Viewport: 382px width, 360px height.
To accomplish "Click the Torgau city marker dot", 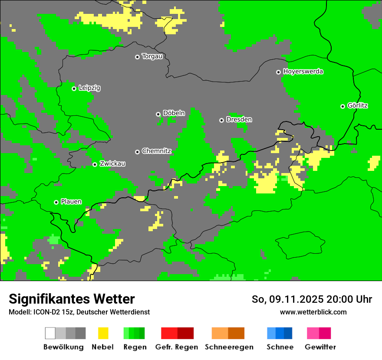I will tap(137, 57).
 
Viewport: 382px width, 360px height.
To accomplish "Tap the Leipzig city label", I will tap(89, 88).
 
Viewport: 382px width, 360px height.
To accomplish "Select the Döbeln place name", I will tap(174, 113).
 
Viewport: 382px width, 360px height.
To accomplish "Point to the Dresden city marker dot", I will tap(221, 120).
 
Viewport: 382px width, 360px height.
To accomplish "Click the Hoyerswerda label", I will tap(303, 72).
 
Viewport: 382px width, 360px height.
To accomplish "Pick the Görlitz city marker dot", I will tap(342, 106).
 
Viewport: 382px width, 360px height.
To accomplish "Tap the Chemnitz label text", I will tap(156, 151).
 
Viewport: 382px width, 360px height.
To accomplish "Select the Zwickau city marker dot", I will tap(95, 164).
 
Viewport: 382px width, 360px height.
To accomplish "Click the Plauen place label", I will tap(71, 202).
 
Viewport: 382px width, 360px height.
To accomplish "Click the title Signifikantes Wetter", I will tap(72, 299).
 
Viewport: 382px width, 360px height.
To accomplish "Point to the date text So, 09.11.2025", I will tap(287, 299).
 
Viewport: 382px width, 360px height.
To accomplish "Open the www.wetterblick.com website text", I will tap(313, 312).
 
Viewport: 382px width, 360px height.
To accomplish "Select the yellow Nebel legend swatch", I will tap(103, 333).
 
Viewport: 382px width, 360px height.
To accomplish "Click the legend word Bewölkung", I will tap(63, 347).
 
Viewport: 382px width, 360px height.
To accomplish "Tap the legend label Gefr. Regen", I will tap(176, 347).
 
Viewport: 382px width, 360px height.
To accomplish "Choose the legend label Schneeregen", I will tap(229, 347).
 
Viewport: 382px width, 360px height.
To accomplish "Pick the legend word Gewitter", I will tap(320, 347).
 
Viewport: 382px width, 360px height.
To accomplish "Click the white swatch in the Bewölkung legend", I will tap(50, 333).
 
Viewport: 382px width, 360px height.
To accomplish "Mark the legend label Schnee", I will tap(280, 347).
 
